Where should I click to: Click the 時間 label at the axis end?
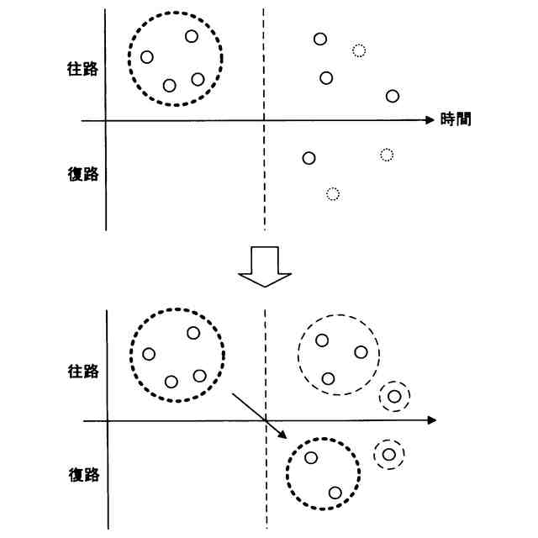(455, 120)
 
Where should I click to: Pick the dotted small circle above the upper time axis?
(359, 50)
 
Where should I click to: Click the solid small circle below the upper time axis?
(309, 158)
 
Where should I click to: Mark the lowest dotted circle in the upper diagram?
(332, 194)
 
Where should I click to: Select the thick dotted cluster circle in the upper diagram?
(175, 58)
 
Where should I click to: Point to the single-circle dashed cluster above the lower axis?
(393, 396)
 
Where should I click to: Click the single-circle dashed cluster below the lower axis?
(389, 455)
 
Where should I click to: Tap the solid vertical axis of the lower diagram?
(108, 471)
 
